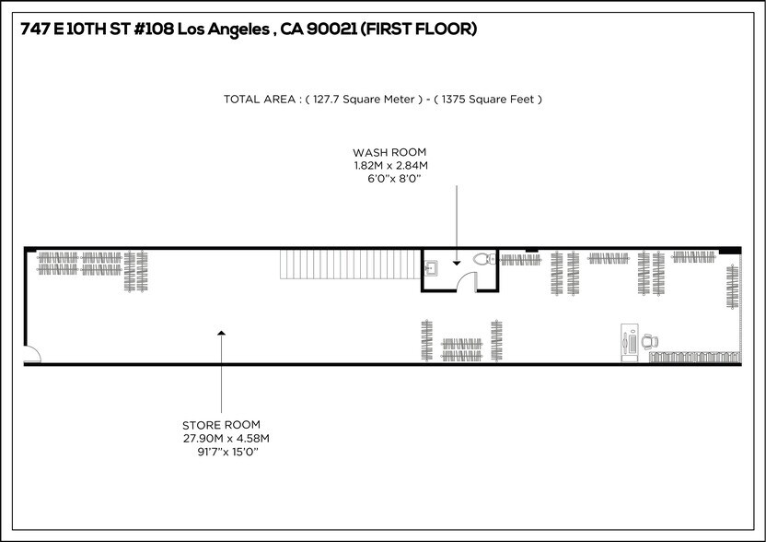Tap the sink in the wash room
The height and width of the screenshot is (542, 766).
[x=431, y=267]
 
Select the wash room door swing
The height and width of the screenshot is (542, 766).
[x=466, y=282]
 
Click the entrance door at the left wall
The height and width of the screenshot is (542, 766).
[x=29, y=354]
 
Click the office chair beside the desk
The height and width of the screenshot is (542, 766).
[x=650, y=341]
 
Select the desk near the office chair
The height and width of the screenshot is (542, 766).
[x=629, y=339]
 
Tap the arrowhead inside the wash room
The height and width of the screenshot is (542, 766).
[x=456, y=263]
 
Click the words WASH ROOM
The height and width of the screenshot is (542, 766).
[x=390, y=152]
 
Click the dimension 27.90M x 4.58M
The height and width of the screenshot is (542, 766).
[x=226, y=438]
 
